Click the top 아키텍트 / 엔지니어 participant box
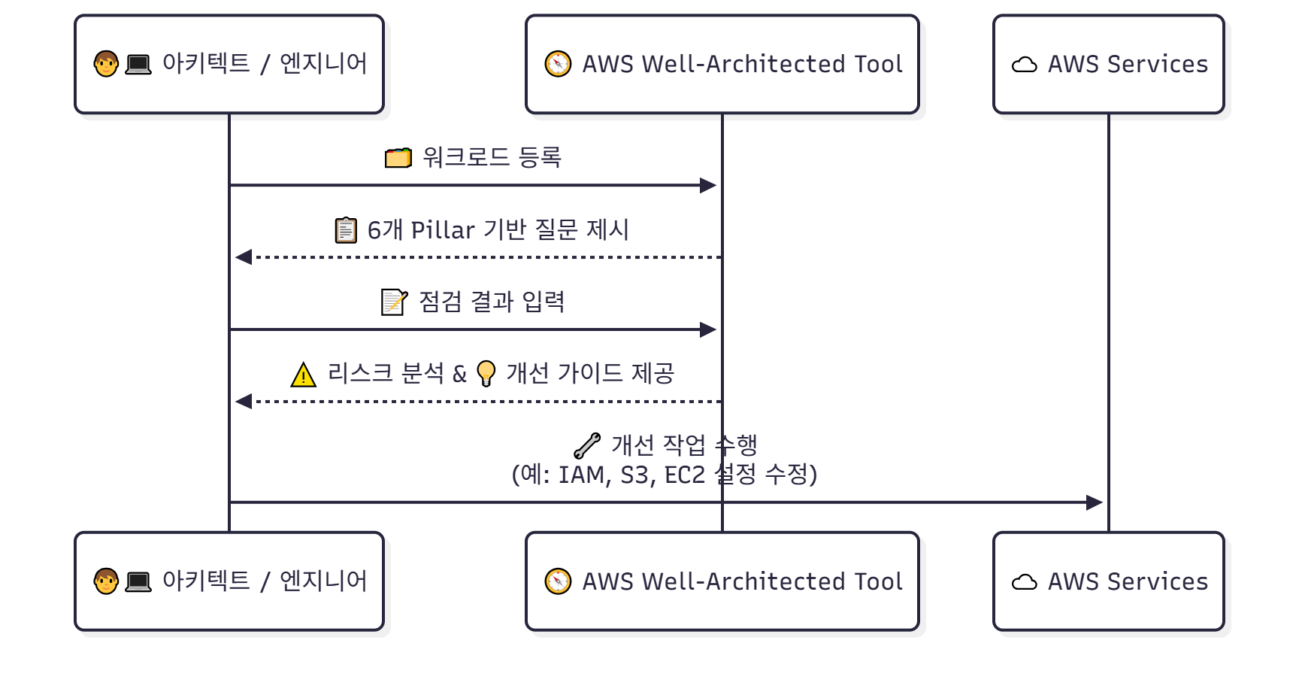point(229,65)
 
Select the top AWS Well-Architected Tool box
point(722,65)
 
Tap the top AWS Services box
point(1108,65)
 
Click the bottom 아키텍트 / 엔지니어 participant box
point(229,581)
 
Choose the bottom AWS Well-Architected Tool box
point(722,581)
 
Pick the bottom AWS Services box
point(1108,581)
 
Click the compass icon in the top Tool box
point(558,64)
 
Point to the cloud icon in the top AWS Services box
point(1024,65)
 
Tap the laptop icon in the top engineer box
point(138,65)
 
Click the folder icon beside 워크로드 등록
point(398,158)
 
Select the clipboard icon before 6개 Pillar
point(346,230)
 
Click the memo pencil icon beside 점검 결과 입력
point(394,302)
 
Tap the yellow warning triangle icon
point(303,375)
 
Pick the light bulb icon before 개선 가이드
point(486,374)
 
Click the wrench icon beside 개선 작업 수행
point(587,445)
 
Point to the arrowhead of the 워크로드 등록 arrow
point(708,185)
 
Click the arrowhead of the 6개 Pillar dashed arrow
point(244,257)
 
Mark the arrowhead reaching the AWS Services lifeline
point(1095,502)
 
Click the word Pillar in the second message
point(443,230)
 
